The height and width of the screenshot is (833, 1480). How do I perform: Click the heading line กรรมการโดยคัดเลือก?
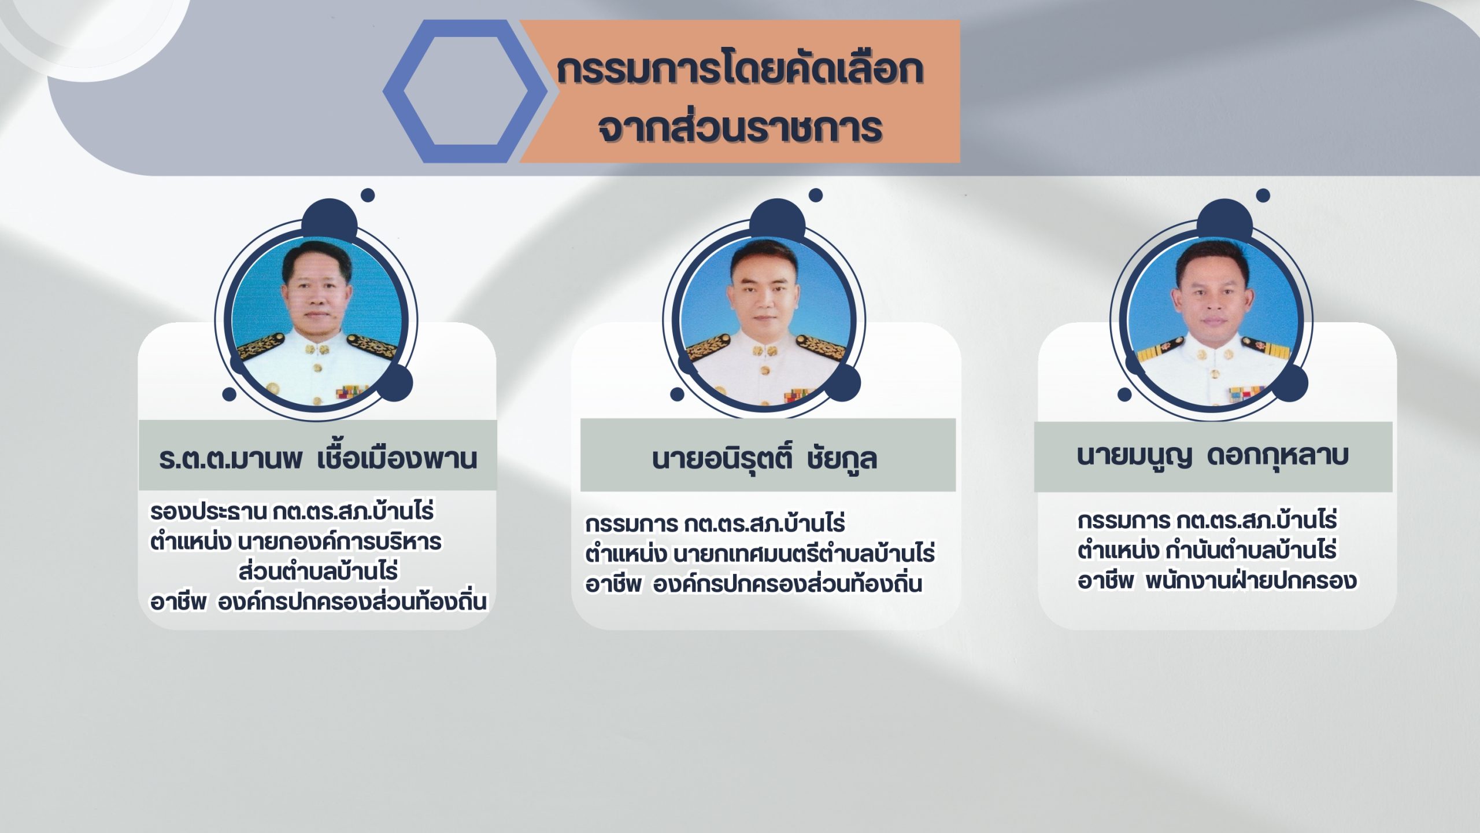coord(740,69)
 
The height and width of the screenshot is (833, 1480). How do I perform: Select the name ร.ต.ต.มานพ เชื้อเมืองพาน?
coord(318,458)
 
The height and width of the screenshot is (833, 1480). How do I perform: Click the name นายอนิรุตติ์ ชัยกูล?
coord(764,458)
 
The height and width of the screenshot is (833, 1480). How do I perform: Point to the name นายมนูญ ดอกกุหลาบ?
coord(1213,456)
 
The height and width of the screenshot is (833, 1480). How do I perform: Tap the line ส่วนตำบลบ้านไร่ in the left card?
coord(318,572)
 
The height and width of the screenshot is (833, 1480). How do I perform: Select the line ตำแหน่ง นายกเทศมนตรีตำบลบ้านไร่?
coord(760,554)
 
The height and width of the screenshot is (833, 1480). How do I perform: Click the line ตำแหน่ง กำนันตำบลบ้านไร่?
coord(1207,550)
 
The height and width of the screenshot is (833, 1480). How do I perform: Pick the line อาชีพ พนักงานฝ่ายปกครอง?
coord(1217,580)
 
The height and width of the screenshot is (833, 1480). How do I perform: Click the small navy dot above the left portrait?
coord(368,196)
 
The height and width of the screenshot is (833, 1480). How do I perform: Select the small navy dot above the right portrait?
coord(1263,196)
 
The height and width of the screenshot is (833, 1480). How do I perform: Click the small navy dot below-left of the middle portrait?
coord(677,395)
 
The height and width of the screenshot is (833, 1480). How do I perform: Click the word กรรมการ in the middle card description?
coord(631,524)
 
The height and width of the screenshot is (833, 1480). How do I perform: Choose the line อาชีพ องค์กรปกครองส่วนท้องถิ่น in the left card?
coord(318,602)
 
